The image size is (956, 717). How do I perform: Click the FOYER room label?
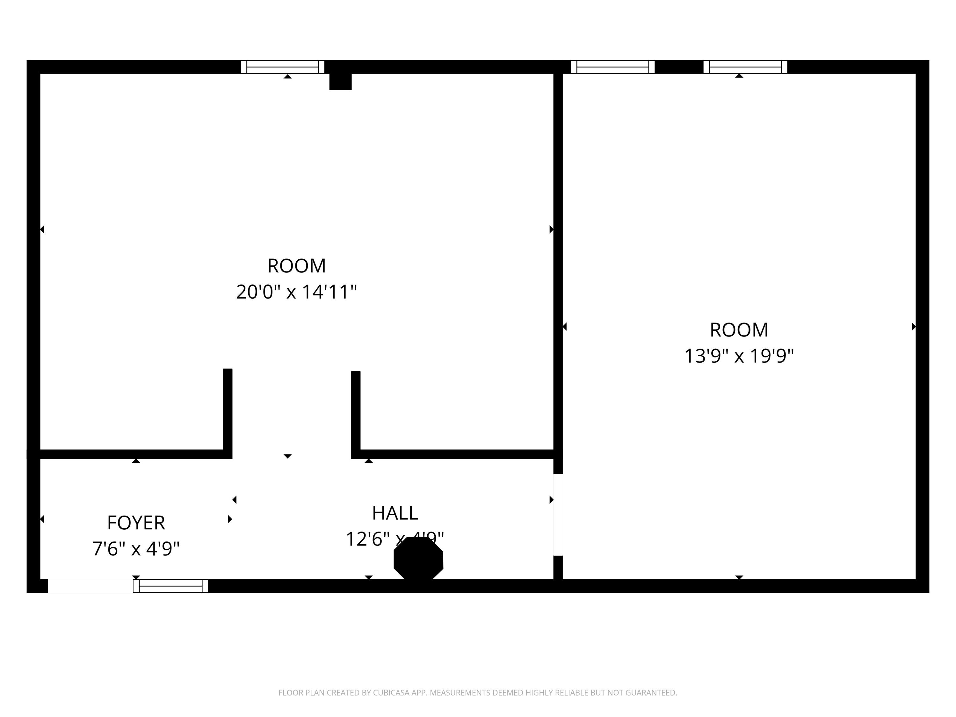[136, 523]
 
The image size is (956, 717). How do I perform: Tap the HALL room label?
[395, 513]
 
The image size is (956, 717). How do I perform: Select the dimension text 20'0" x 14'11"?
[296, 292]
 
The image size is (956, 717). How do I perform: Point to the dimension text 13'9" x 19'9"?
[739, 357]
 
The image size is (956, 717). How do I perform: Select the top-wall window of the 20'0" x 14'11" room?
[283, 67]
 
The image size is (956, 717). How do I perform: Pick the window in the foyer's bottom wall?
[171, 586]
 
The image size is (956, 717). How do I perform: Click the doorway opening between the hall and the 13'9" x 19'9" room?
[558, 515]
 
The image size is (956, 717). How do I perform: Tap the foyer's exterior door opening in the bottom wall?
[90, 586]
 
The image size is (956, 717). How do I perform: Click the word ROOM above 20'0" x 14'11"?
[296, 266]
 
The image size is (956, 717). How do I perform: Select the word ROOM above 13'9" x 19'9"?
[739, 330]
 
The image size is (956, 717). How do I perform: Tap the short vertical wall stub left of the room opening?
[228, 410]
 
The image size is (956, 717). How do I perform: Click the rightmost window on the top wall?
[745, 67]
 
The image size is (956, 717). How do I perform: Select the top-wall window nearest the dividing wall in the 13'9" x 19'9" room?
[612, 67]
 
